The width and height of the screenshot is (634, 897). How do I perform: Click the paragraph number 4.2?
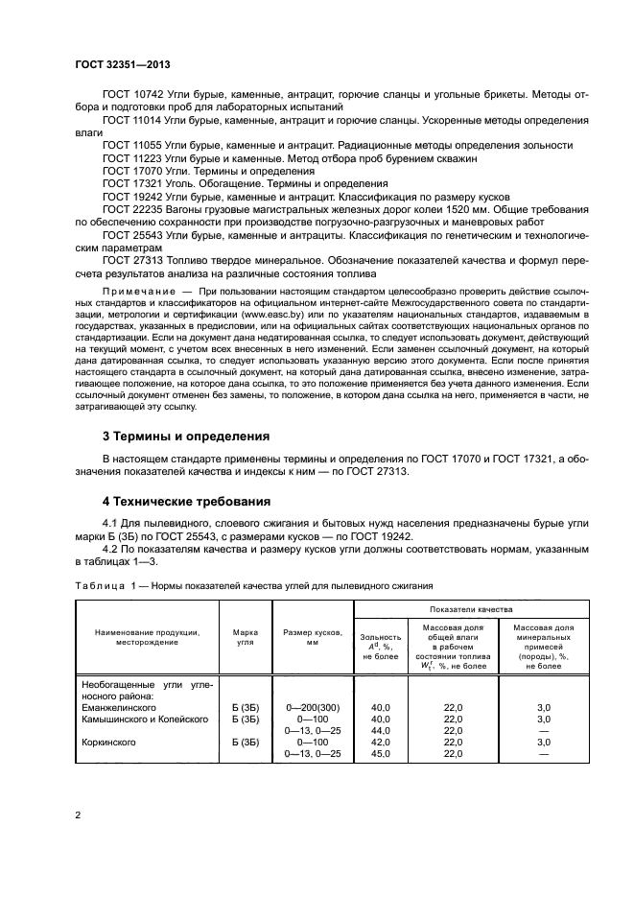click(111, 549)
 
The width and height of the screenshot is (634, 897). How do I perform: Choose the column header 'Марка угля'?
click(246, 638)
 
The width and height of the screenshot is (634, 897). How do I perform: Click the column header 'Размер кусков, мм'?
click(313, 638)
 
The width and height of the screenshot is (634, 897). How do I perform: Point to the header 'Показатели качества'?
click(470, 609)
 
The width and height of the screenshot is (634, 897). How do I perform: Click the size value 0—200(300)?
click(313, 706)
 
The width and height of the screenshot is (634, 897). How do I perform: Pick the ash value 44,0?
click(381, 730)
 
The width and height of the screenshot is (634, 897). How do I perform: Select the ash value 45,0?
click(381, 754)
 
